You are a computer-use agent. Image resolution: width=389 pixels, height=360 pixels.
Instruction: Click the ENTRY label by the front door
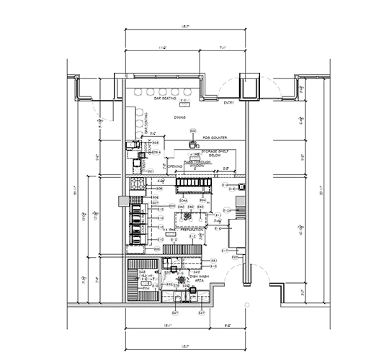coord(229,102)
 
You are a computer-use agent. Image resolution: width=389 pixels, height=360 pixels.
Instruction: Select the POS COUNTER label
coord(215,136)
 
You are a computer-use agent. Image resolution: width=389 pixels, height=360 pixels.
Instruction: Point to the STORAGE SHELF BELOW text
coord(215,151)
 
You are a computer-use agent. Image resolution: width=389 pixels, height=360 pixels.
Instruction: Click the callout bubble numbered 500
coord(193,130)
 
